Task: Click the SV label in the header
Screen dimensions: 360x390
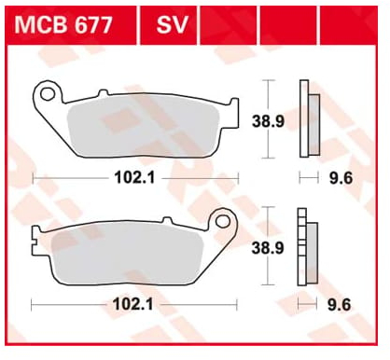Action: (x=169, y=23)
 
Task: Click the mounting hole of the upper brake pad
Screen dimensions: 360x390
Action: (x=48, y=93)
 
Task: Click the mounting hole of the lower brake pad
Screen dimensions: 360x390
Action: (x=222, y=223)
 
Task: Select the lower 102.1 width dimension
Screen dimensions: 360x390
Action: (x=133, y=303)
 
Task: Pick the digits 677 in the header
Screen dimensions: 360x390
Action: (x=91, y=23)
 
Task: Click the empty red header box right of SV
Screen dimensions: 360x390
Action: (x=229, y=23)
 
